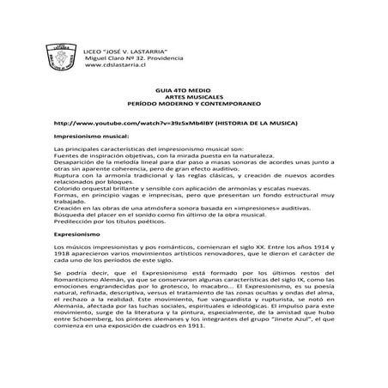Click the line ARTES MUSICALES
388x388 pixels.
click(x=193, y=98)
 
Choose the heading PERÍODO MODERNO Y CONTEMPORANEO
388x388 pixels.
click(x=193, y=106)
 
